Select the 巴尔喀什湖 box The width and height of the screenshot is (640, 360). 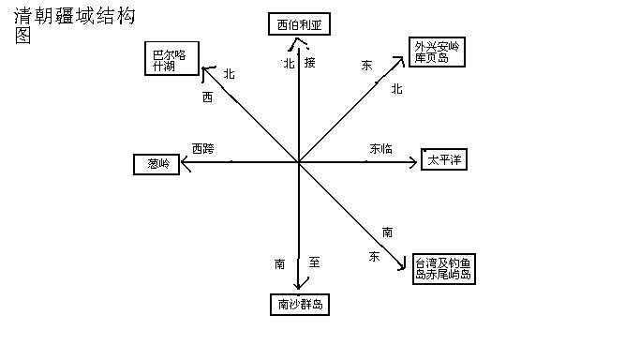point(172,59)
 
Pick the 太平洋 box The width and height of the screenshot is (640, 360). point(443,160)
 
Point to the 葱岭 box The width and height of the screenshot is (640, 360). point(157,164)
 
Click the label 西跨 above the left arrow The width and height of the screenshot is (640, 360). point(202,148)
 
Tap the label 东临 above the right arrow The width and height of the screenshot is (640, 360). point(380,148)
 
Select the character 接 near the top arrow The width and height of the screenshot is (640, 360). point(310,63)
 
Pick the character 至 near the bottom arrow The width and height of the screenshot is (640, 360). point(314,263)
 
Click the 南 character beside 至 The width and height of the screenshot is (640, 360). point(279,264)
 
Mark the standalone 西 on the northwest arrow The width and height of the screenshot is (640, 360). point(207,96)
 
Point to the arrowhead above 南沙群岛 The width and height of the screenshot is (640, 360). point(299,286)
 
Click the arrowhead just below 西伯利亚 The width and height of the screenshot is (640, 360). point(299,43)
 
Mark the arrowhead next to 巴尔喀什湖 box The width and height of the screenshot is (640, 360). point(207,70)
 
